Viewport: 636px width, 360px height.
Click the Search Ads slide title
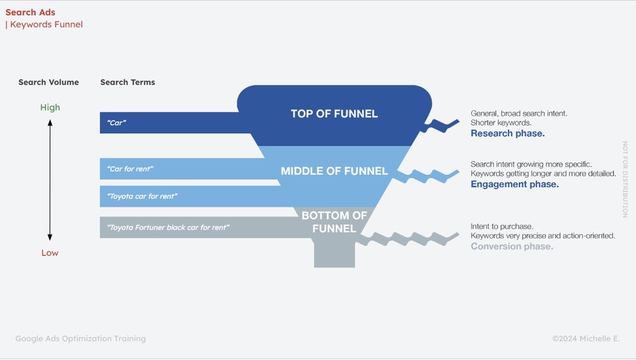30,13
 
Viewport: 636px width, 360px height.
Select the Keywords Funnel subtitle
45,25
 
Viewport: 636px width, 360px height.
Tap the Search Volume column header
48,82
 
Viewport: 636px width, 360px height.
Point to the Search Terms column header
128,82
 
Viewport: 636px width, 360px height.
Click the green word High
50,107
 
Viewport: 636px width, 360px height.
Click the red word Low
50,253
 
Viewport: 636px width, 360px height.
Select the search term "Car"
117,123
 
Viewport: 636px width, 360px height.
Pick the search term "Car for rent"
131,169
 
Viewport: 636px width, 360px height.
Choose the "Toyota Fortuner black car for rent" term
168,227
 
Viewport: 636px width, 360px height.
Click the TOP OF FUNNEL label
334,114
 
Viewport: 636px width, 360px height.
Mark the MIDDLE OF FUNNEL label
334,171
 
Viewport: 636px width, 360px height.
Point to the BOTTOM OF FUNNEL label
334,222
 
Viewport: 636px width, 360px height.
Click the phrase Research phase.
507,133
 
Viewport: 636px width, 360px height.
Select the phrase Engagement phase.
515,184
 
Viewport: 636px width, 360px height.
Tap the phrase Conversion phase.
511,247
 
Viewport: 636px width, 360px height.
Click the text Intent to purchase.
502,227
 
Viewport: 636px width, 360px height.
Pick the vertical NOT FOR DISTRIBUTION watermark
625,179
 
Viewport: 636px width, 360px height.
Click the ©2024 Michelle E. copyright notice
586,339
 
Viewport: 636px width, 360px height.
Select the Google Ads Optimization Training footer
80,339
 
